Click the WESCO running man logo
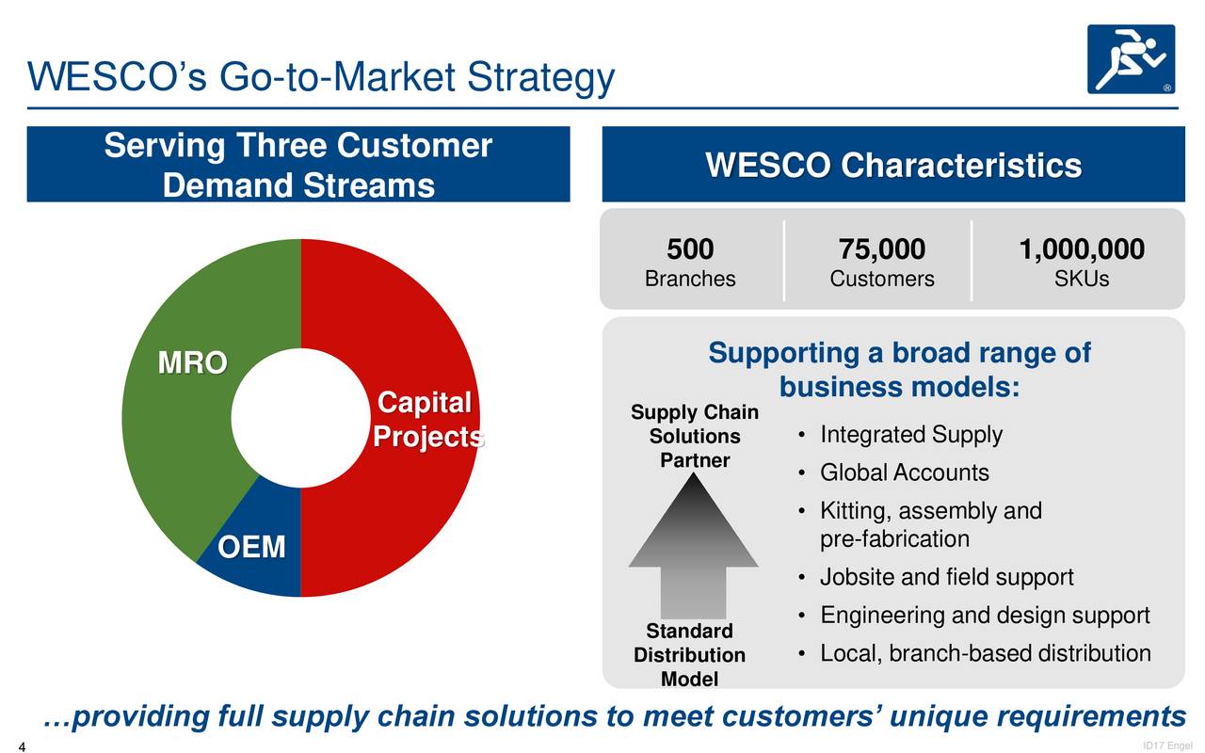pyautogui.click(x=1131, y=58)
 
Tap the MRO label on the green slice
pyautogui.click(x=192, y=363)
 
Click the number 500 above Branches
pyautogui.click(x=690, y=250)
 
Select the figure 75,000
pyautogui.click(x=881, y=250)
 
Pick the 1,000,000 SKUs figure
pyautogui.click(x=1081, y=250)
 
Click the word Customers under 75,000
pyautogui.click(x=881, y=280)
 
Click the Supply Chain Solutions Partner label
pyautogui.click(x=695, y=437)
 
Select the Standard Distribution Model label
pyautogui.click(x=689, y=655)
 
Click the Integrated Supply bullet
pyautogui.click(x=910, y=435)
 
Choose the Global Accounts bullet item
pyautogui.click(x=904, y=473)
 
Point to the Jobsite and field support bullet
pyautogui.click(x=946, y=577)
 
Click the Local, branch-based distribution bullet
pyautogui.click(x=985, y=653)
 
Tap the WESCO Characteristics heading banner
pyautogui.click(x=892, y=166)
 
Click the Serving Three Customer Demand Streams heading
pyautogui.click(x=297, y=166)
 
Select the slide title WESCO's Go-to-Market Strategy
pyautogui.click(x=320, y=77)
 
